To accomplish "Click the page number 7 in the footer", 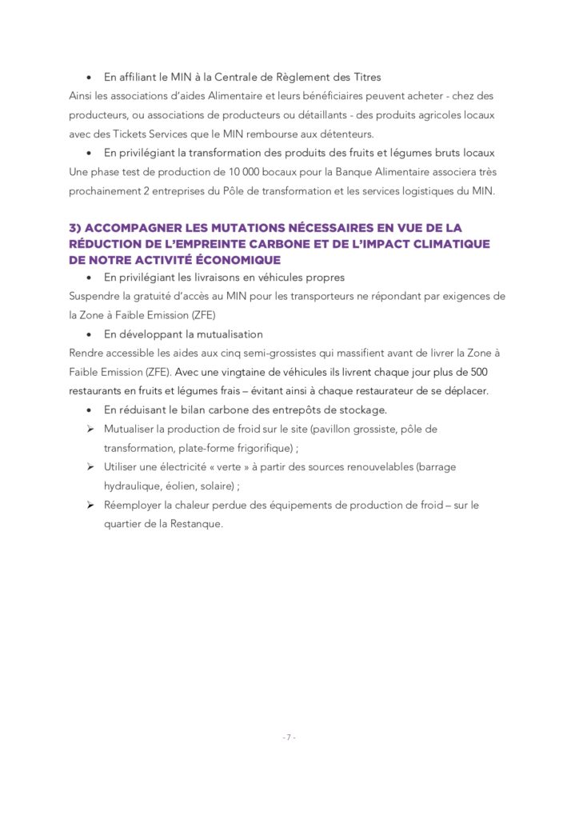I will coord(289,737).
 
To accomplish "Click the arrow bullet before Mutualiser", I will coord(90,429).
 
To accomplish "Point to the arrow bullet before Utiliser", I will coord(90,467).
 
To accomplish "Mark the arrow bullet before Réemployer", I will coord(90,505).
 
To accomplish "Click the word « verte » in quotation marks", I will coord(210,467).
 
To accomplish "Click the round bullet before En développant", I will coord(90,334).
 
